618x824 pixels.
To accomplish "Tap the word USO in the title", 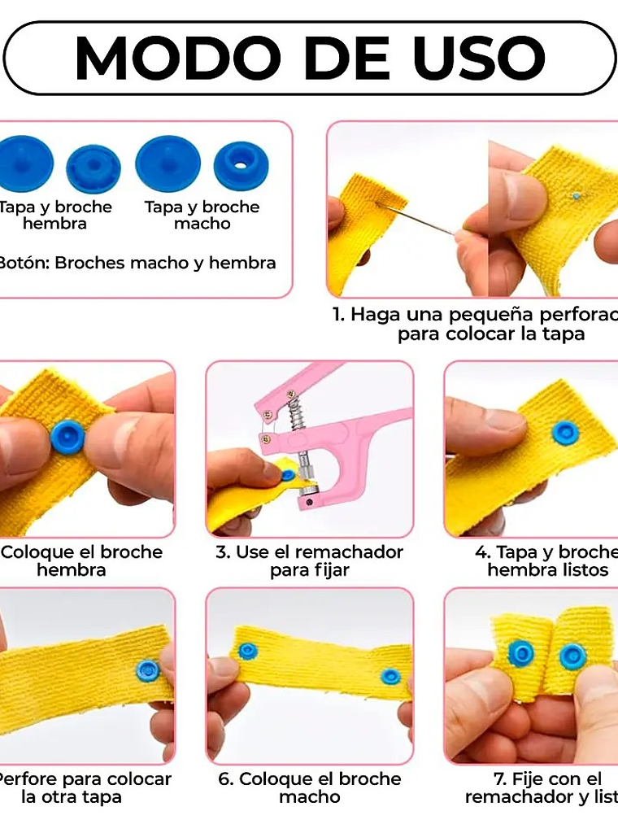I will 480,58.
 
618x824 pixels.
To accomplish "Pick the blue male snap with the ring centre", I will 241,165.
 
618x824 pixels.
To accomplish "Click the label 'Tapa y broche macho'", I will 202,215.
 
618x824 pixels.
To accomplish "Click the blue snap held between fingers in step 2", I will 67,437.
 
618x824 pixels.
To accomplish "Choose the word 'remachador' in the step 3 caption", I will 349,552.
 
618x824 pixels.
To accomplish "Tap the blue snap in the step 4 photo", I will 565,433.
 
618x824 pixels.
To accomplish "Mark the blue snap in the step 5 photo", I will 147,670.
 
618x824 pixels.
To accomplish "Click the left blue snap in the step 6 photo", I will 248,651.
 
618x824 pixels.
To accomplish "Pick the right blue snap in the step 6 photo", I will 391,676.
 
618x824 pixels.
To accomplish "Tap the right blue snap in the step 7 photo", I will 572,656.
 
